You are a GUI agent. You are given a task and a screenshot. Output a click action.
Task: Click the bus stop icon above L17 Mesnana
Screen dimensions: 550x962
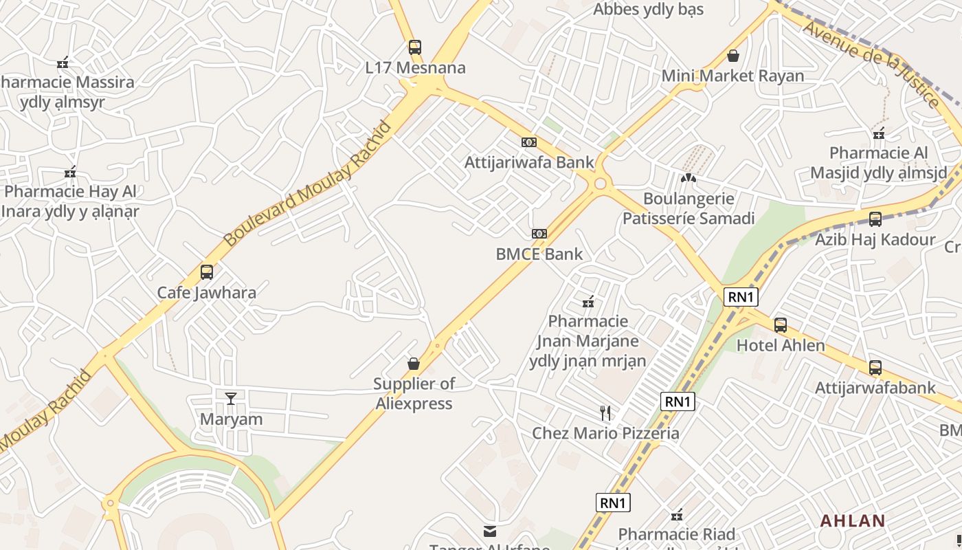point(414,47)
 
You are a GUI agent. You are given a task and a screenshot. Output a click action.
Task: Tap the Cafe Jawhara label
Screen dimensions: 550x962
point(207,292)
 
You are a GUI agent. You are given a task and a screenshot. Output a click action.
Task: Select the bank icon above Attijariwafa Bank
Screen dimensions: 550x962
point(528,142)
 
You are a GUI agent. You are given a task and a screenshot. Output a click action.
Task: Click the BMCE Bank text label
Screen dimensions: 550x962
point(539,254)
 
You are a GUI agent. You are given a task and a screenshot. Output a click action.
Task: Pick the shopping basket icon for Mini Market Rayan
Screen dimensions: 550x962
point(733,55)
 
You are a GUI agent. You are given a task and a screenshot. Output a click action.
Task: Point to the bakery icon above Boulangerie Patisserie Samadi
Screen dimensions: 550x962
point(689,177)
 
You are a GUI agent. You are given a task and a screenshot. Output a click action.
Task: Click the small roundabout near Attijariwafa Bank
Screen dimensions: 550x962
point(601,183)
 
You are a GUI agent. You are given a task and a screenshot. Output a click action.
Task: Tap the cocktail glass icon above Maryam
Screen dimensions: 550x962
point(230,398)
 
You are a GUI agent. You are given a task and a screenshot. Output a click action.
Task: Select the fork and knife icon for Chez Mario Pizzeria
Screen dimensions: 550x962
point(605,412)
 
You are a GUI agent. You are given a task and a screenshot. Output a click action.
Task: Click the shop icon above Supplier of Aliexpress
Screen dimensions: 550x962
point(414,363)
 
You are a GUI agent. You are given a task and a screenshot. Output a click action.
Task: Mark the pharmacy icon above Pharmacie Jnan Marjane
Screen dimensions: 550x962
point(588,301)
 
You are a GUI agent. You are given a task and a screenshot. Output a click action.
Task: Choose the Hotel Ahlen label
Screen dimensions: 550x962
point(781,345)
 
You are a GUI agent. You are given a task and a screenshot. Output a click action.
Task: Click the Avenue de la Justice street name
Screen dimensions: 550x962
point(871,64)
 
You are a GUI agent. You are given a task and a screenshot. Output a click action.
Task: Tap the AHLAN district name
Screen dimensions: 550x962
point(852,520)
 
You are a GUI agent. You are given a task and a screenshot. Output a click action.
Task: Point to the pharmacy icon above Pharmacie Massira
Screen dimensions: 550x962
point(63,63)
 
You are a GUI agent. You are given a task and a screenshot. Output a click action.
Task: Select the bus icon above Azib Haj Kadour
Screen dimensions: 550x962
point(875,219)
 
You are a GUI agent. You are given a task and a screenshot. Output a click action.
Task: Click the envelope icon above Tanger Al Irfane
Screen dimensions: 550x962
point(490,531)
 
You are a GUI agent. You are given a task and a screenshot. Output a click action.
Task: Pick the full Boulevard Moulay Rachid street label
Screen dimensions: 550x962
point(307,184)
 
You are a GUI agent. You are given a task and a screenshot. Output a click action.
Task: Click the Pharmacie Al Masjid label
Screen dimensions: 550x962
point(878,162)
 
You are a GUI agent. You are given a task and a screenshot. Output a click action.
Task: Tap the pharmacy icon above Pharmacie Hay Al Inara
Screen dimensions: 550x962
point(69,172)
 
